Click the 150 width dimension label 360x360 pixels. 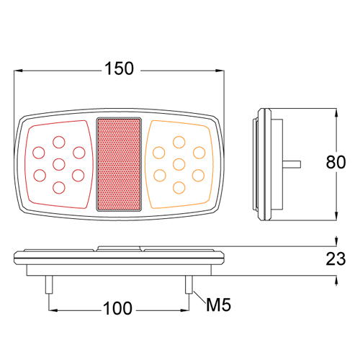(119, 69)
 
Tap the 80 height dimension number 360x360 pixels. (336, 162)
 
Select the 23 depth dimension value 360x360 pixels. (336, 259)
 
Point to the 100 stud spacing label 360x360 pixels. (118, 309)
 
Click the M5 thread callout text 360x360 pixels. (217, 307)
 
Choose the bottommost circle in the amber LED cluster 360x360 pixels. (178, 187)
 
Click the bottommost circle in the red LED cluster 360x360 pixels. (59, 187)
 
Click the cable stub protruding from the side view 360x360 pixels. (292, 162)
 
